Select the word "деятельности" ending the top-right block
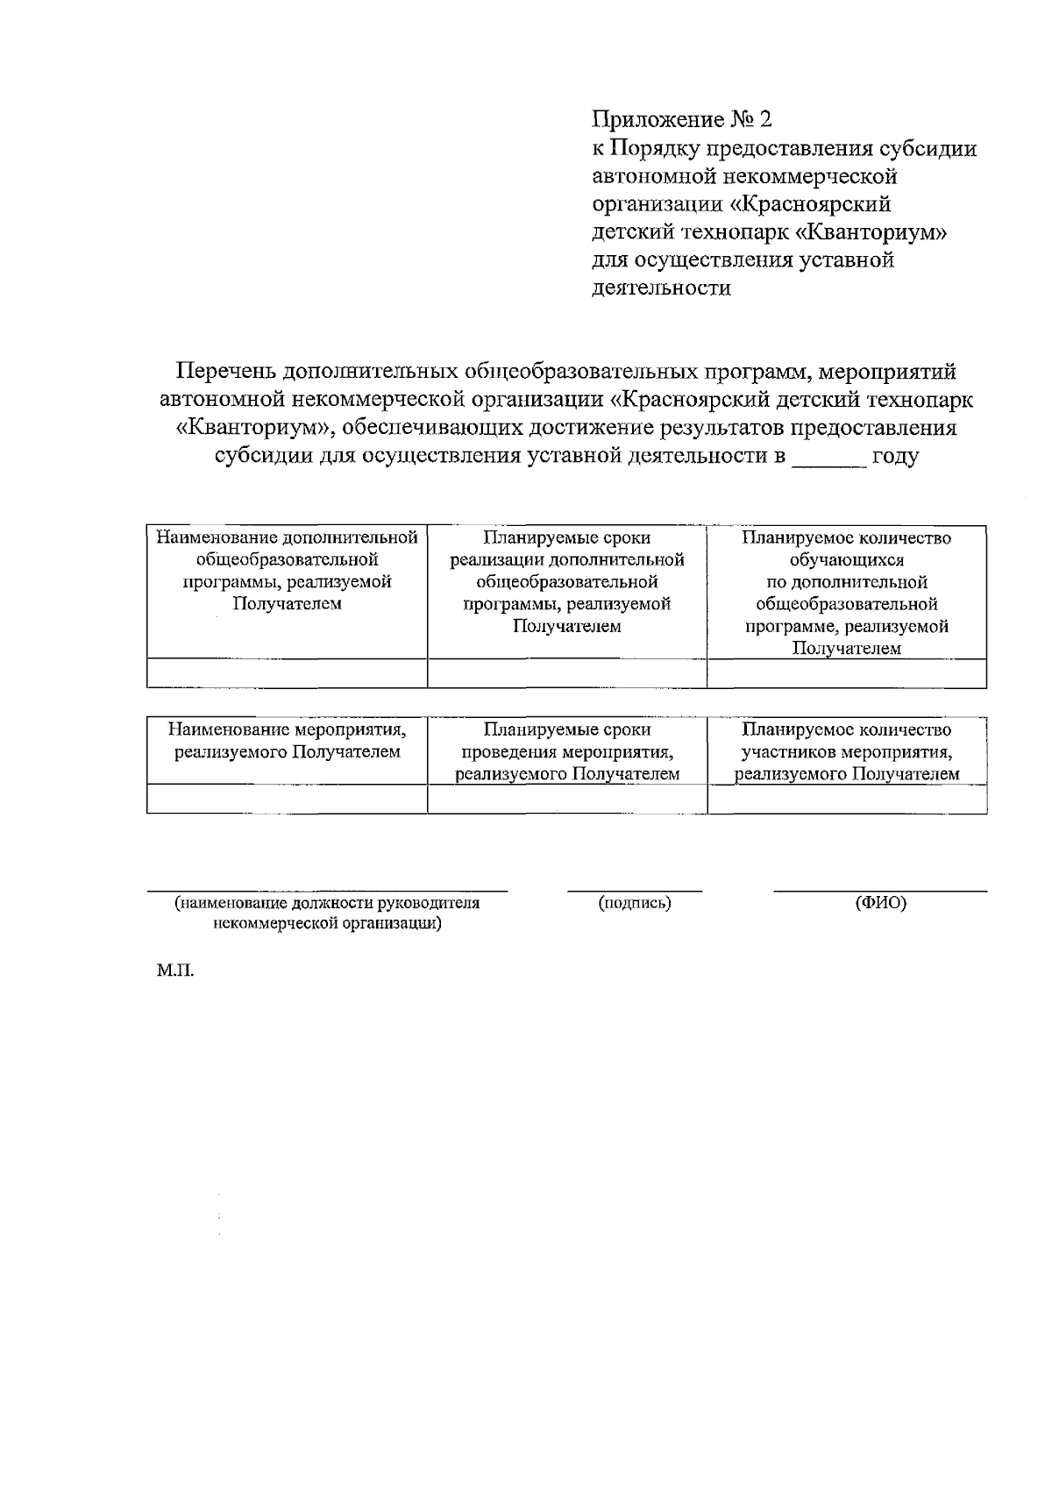pyautogui.click(x=661, y=288)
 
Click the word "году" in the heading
pyautogui.click(x=894, y=457)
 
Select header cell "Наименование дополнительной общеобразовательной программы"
pyautogui.click(x=287, y=570)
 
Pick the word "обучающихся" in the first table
pyautogui.click(x=846, y=559)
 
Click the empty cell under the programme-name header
pyautogui.click(x=287, y=673)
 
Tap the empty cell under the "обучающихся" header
pyautogui.click(x=846, y=673)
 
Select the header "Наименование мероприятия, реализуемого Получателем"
pyautogui.click(x=287, y=741)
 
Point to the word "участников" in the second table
pyautogui.click(x=788, y=752)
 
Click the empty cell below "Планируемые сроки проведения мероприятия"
pyautogui.click(x=566, y=799)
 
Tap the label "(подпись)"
pyautogui.click(x=634, y=902)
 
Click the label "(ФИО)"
pyautogui.click(x=880, y=902)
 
